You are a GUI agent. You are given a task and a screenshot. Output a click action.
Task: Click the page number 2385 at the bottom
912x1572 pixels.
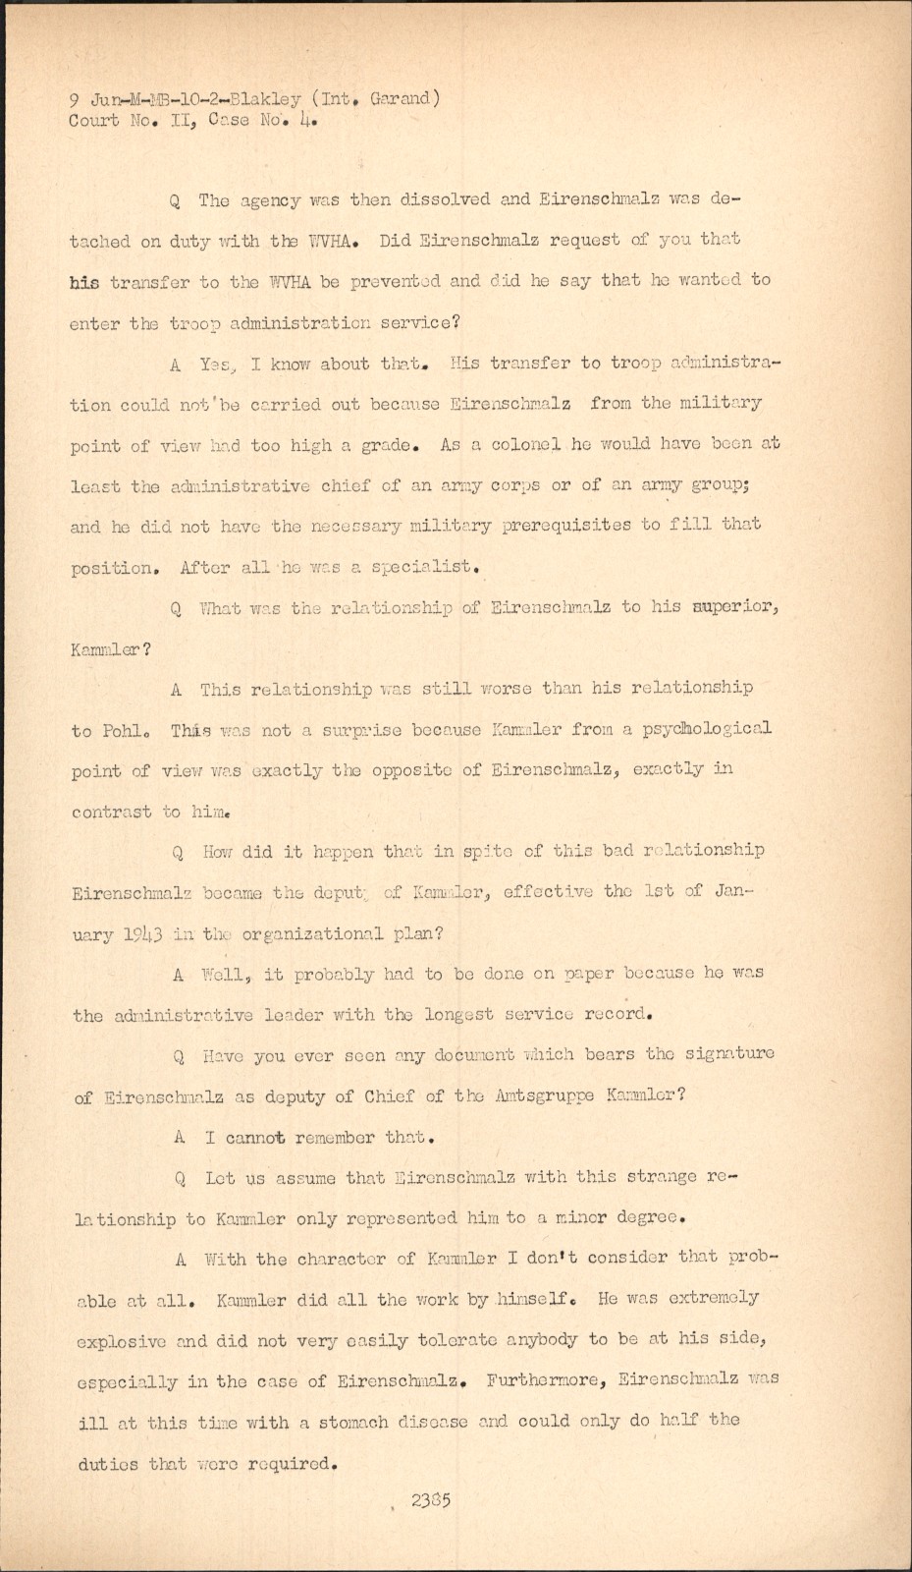click(x=431, y=1500)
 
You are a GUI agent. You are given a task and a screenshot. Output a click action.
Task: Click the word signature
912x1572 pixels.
click(x=725, y=1053)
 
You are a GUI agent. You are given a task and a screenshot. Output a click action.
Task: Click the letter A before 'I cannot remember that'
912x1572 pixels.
click(x=180, y=1138)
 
